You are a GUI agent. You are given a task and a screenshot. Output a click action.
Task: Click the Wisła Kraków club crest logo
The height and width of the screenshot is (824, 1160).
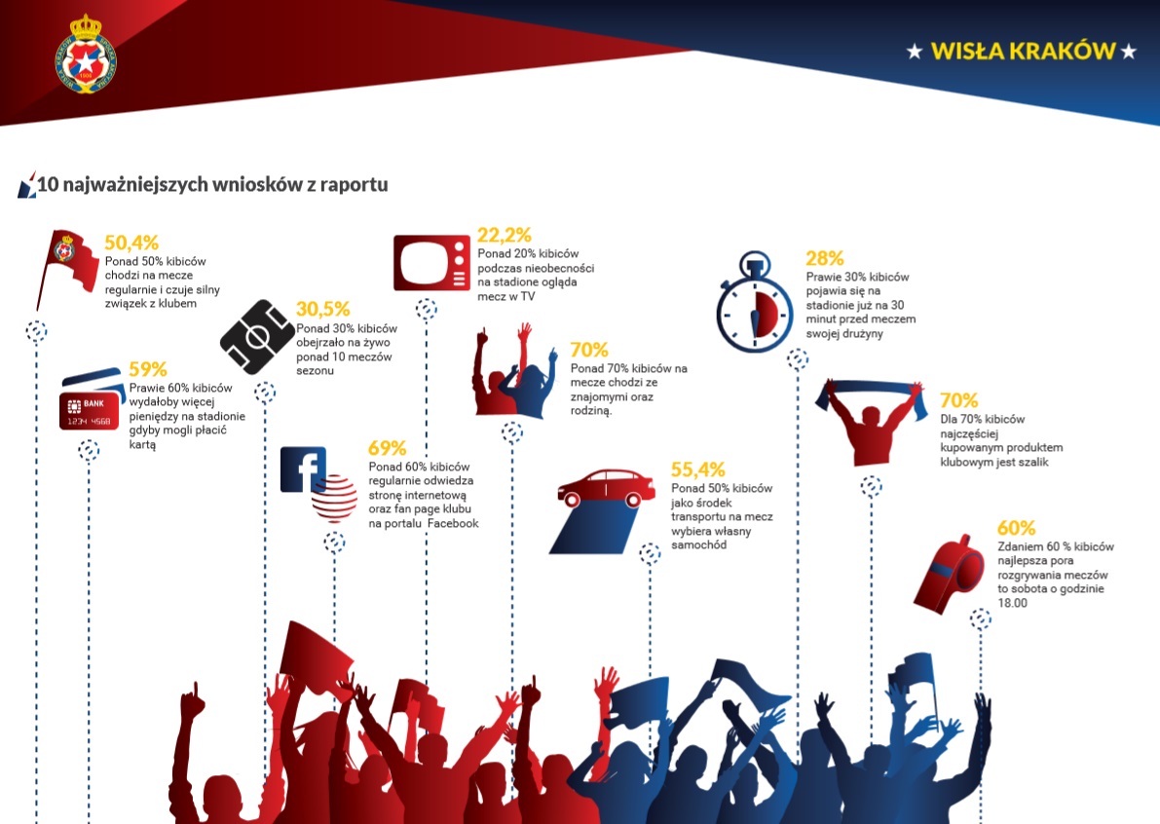coord(86,54)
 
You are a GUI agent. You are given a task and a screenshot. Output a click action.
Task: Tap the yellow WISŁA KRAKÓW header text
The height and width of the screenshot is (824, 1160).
coord(1023,51)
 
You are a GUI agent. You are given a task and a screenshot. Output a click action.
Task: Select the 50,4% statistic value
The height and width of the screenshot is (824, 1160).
coord(131,243)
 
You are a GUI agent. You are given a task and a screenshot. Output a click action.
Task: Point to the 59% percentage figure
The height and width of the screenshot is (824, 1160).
coord(148,369)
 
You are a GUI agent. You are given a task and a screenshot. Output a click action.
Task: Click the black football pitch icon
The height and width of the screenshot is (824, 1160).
coord(257,337)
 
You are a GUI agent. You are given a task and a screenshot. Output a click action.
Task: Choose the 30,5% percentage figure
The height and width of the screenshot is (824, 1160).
coord(323,309)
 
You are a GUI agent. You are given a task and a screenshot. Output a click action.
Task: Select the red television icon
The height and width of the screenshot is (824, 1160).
coord(431,263)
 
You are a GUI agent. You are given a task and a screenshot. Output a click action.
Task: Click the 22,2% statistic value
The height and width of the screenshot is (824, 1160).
coord(505,235)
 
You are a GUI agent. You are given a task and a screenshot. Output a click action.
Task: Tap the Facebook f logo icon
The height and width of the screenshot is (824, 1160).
coord(303,469)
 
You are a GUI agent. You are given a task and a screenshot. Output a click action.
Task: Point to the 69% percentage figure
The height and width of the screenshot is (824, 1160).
coord(388,448)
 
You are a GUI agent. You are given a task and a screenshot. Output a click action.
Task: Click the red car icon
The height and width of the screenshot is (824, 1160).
coord(606,488)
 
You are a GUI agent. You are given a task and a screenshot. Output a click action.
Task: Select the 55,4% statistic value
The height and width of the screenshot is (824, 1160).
coord(698,469)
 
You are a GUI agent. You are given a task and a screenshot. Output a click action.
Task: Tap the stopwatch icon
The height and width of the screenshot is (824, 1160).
coord(755,302)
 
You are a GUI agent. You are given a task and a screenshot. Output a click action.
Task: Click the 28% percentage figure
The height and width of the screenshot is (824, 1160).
coord(825,258)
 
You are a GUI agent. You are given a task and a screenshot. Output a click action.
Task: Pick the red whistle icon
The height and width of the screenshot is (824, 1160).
coord(949,575)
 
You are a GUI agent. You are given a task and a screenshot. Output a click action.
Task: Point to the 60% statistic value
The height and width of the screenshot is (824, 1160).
coord(1017,528)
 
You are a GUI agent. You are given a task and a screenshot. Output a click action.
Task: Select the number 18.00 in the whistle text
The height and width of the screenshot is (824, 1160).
coord(1013,603)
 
